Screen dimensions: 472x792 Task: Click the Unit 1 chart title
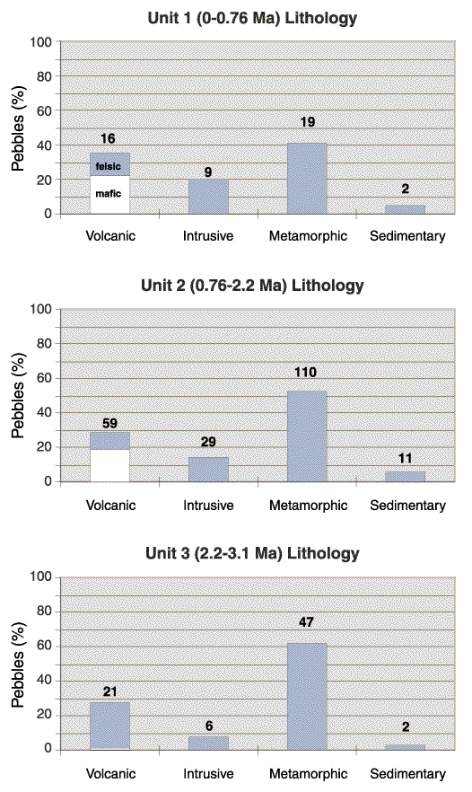pos(252,18)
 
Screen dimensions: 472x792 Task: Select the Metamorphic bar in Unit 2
pos(307,436)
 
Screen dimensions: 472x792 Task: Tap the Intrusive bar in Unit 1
pos(208,197)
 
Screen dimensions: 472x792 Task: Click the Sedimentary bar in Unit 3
pos(406,747)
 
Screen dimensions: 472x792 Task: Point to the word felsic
pos(108,166)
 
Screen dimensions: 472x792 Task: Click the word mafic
pos(108,193)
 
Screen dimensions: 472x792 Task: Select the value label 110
pos(305,373)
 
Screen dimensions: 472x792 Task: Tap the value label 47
pos(306,621)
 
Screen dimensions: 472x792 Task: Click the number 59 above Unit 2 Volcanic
pos(109,423)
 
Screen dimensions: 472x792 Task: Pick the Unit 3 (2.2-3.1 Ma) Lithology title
pos(252,553)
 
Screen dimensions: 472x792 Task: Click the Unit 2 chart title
pos(252,286)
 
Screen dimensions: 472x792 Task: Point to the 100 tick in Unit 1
pos(41,42)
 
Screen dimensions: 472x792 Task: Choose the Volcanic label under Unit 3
pos(110,773)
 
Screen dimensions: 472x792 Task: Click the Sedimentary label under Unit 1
pos(408,236)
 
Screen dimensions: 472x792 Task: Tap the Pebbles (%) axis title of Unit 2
pos(18,395)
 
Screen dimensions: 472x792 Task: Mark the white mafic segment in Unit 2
pos(110,465)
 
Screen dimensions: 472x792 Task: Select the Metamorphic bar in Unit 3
pos(307,696)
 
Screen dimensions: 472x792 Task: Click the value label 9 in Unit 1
pos(208,172)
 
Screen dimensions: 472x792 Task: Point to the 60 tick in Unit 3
pos(45,646)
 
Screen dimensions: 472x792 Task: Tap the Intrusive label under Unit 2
pos(208,505)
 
